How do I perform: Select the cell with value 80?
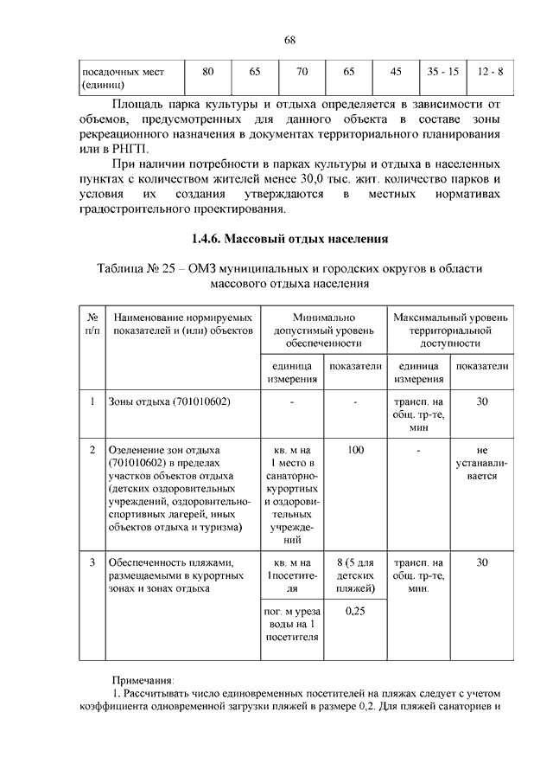208,71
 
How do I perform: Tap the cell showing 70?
302,71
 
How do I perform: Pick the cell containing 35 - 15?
442,71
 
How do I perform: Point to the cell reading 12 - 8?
489,71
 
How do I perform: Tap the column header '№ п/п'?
92,324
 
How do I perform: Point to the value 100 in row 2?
355,450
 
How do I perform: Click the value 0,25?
355,612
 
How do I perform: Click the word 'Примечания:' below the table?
143,680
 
